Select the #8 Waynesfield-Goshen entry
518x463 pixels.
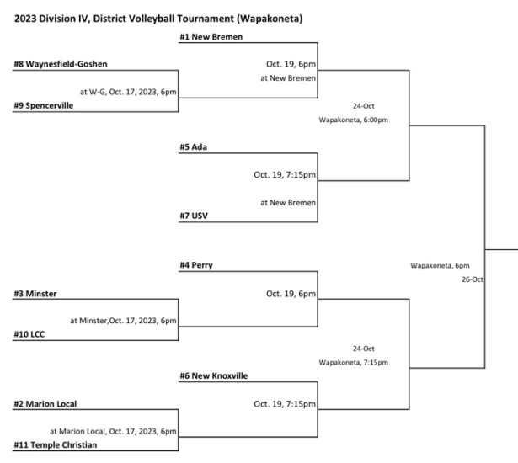pos(61,64)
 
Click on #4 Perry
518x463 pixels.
pos(196,265)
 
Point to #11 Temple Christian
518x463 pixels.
pos(61,444)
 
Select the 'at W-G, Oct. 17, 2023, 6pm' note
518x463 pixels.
pos(128,92)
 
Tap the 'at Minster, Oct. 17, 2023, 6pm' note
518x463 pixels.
pos(123,320)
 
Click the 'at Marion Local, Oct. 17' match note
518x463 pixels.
pos(113,431)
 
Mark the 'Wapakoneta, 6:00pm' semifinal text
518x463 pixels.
pos(354,120)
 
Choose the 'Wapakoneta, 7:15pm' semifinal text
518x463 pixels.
pos(354,362)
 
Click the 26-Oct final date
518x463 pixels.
pos(472,279)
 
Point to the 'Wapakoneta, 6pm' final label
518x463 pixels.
pos(440,265)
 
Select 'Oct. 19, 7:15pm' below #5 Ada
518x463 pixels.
pos(285,174)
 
